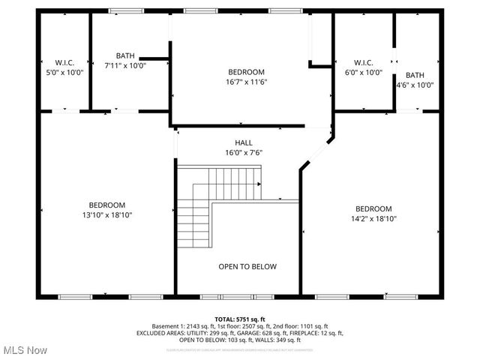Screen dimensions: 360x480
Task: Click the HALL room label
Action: [x=244, y=142]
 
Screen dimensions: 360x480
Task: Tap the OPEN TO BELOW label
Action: [x=247, y=266]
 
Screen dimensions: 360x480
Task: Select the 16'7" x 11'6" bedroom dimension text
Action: [x=247, y=82]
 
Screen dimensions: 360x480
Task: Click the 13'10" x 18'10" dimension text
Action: [x=107, y=215]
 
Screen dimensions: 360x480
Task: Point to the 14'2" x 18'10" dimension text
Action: [x=373, y=219]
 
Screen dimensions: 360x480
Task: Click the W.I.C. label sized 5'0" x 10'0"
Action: [x=64, y=62]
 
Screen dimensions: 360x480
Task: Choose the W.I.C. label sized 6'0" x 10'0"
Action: [x=363, y=62]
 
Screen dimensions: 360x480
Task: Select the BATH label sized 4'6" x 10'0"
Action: [x=415, y=75]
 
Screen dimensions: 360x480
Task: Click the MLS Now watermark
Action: [x=25, y=350]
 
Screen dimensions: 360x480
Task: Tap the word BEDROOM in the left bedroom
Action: [x=107, y=205]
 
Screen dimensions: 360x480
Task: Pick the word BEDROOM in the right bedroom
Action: [x=373, y=208]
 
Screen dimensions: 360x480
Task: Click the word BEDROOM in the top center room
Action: [x=247, y=71]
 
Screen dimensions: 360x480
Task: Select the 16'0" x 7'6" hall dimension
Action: [x=244, y=152]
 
